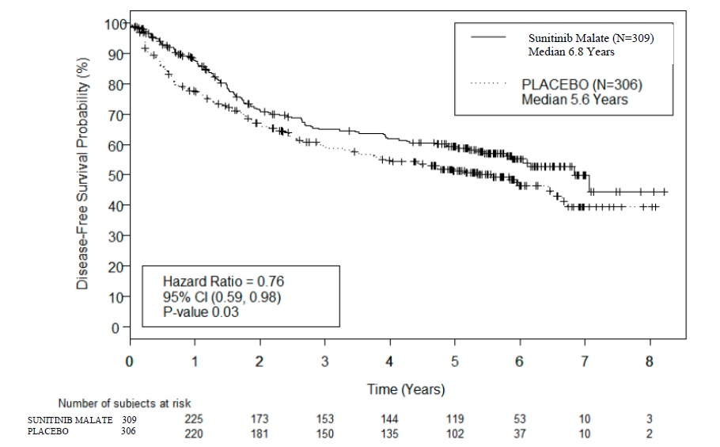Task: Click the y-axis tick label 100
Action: tap(114, 24)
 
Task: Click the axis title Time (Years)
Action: tap(406, 389)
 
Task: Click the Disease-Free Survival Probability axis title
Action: tap(83, 171)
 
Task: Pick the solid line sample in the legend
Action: tap(488, 36)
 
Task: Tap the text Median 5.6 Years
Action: tap(574, 99)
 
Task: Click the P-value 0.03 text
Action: tap(203, 311)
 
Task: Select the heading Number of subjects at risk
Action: tap(124, 404)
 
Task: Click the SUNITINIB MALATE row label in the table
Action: tap(70, 418)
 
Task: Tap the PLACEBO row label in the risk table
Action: tap(49, 432)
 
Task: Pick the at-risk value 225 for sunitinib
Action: tap(194, 418)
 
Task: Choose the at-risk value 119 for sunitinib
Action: tap(454, 418)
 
